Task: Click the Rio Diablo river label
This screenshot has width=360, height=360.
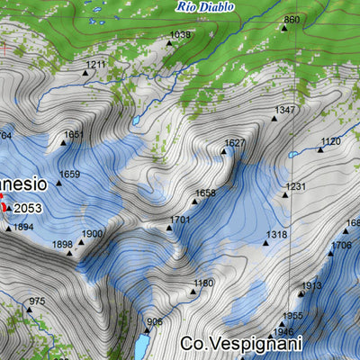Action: tap(205, 6)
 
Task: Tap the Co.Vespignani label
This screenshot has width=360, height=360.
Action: tap(240, 343)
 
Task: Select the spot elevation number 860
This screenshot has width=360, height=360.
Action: tap(291, 19)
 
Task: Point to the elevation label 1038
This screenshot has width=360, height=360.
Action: tap(180, 35)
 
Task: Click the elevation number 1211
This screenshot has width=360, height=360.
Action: tap(96, 65)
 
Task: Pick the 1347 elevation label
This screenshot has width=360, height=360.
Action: tap(285, 110)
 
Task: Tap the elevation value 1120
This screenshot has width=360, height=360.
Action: tap(330, 141)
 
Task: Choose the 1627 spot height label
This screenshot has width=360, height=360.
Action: tap(235, 143)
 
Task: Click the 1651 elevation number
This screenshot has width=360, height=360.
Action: tap(74, 134)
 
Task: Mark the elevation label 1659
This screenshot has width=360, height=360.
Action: tap(69, 174)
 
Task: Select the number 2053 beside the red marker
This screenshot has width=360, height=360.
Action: tap(28, 208)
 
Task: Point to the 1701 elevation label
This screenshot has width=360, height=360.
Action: tap(180, 220)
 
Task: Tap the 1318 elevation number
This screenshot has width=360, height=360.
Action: tap(275, 234)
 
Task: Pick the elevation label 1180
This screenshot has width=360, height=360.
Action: tap(203, 283)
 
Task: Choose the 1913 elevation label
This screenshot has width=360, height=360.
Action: tap(310, 285)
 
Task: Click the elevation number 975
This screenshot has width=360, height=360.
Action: tap(36, 301)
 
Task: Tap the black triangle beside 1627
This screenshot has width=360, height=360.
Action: tap(224, 151)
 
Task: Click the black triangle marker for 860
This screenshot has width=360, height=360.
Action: tap(283, 27)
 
